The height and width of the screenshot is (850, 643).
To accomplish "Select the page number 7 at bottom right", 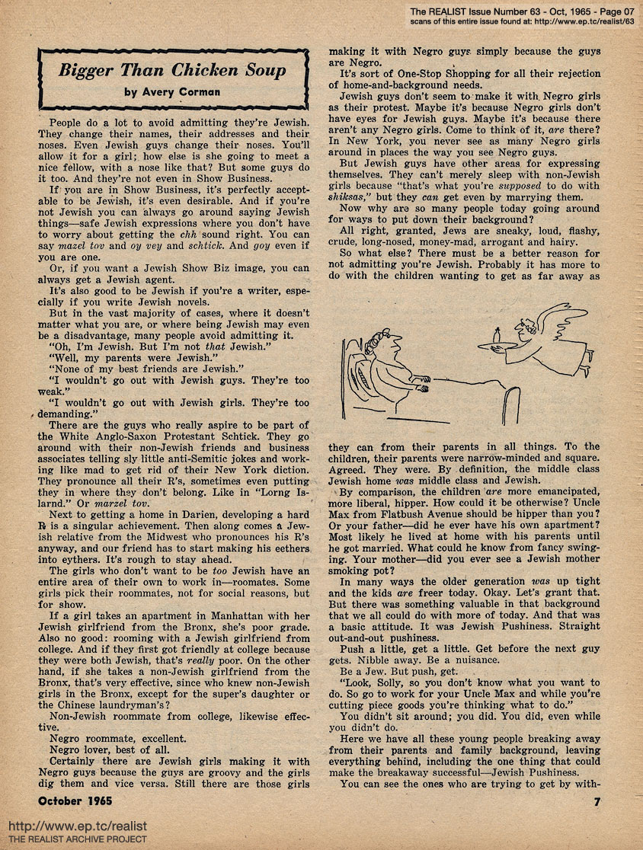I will pyautogui.click(x=597, y=801).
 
